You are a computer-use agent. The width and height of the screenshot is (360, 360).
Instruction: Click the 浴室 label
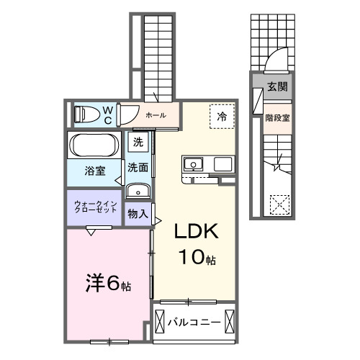point(96,171)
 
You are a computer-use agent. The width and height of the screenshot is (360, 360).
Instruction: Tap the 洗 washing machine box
point(137,142)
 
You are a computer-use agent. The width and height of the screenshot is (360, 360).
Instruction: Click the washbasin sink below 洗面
point(138,190)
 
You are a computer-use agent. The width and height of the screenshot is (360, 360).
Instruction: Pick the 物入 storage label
point(138,214)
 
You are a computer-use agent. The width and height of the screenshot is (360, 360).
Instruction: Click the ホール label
point(156,115)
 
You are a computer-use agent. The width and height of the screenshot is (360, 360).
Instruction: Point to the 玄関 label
point(277,87)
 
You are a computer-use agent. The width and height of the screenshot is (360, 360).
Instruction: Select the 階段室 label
point(277,117)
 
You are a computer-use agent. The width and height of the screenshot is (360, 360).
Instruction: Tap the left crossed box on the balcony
point(159,321)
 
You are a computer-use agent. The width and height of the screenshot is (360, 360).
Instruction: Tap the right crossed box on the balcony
point(230,321)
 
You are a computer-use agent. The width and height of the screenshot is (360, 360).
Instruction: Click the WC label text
point(107,115)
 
